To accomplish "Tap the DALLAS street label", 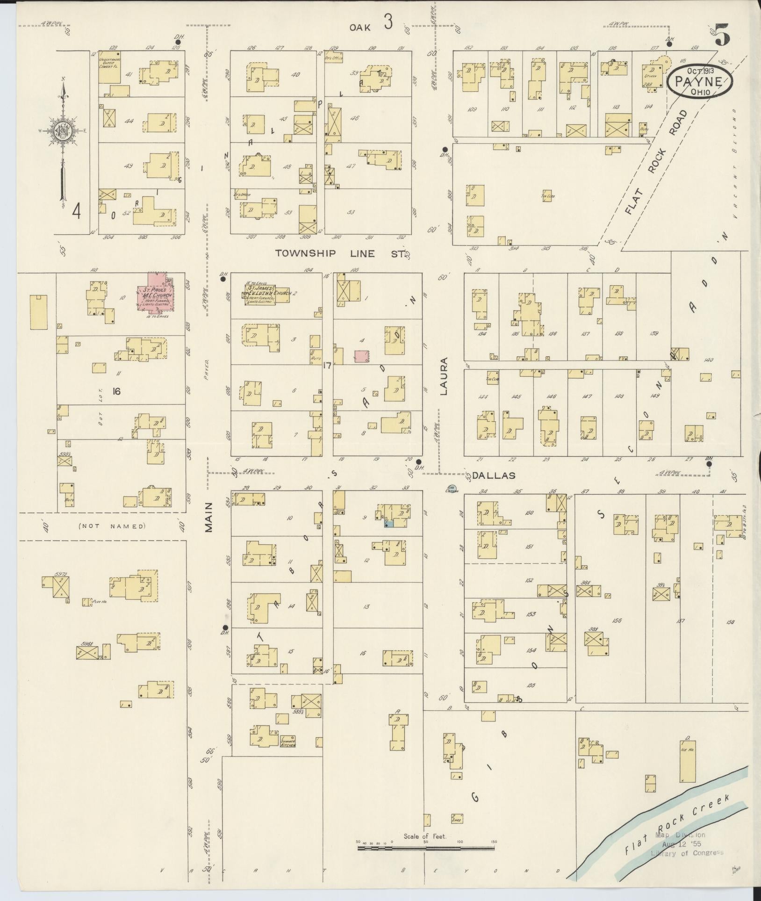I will (x=493, y=476).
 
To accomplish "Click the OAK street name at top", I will (x=360, y=28).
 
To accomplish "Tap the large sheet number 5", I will (x=722, y=36).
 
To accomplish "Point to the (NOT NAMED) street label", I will (x=112, y=526).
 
